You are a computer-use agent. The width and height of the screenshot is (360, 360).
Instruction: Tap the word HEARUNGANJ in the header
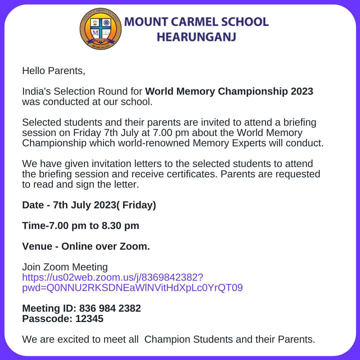pos(196,37)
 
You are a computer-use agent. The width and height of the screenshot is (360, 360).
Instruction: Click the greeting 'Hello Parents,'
pos(54,71)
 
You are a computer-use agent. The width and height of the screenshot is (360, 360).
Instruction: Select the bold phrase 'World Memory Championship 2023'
pos(229,91)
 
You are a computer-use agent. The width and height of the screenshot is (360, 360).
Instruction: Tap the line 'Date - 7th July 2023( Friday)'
pos(89,205)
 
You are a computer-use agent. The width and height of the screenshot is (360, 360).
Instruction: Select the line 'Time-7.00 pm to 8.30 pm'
pos(81,226)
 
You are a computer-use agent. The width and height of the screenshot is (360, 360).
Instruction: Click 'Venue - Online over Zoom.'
pos(86,246)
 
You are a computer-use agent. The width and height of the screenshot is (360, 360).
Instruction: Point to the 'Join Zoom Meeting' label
pos(65,267)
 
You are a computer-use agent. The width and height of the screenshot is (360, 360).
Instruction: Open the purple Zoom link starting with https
pos(113,277)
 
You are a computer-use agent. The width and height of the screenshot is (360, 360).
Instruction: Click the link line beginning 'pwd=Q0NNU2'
pos(132,288)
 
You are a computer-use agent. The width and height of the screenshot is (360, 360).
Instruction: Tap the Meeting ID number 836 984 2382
pos(110,308)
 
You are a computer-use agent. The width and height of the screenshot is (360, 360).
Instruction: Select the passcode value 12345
pos(89,319)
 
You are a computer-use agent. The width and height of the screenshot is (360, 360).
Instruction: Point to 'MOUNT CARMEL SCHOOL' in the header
pos(196,22)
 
